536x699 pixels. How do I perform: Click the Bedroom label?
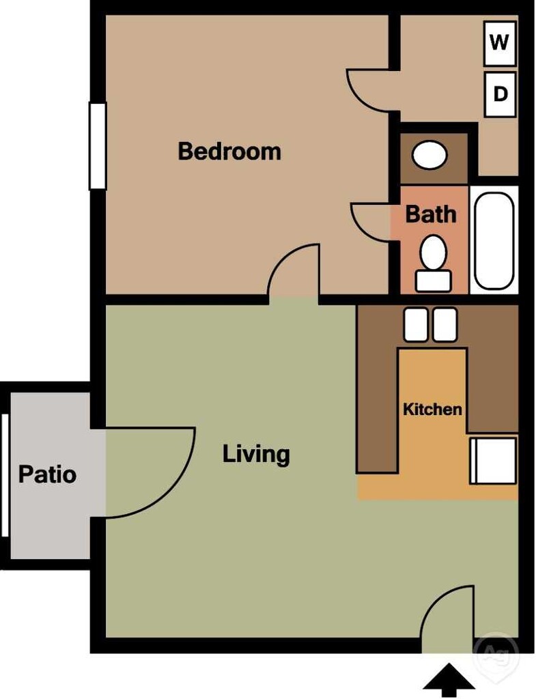click(229, 151)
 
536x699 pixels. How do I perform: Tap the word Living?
click(256, 454)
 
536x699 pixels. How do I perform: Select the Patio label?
click(47, 474)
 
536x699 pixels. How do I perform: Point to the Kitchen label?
click(432, 410)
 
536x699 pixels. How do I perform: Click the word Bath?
click(430, 214)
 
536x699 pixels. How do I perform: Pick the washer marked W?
click(500, 43)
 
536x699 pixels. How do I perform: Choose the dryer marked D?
click(500, 94)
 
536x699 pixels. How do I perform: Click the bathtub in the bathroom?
click(494, 240)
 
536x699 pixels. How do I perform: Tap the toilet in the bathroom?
click(432, 263)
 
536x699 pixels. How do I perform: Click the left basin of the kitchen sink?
click(416, 324)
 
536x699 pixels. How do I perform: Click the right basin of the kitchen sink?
click(445, 324)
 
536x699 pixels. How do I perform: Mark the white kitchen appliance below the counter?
click(493, 461)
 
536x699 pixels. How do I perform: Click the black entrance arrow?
click(449, 680)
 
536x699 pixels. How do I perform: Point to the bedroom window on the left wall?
click(98, 145)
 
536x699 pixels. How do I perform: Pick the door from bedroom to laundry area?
click(370, 89)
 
